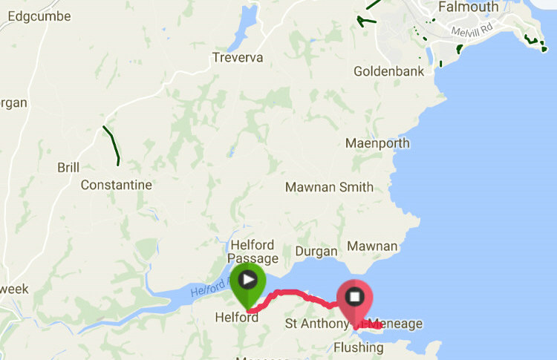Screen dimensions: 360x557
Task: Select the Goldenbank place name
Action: click(x=388, y=72)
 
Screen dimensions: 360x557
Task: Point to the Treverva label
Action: click(x=238, y=57)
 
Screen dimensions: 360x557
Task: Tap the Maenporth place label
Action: click(x=379, y=143)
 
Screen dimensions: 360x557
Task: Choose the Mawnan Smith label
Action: click(x=329, y=187)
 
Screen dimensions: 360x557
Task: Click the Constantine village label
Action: click(x=116, y=185)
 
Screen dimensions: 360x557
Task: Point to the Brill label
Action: click(x=68, y=168)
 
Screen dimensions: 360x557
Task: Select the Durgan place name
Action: click(x=316, y=251)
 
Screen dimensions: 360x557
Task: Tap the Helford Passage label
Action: click(x=253, y=252)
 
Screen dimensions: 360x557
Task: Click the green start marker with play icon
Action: click(x=247, y=281)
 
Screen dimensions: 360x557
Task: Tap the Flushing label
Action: click(x=359, y=347)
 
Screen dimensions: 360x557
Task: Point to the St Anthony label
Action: click(x=316, y=324)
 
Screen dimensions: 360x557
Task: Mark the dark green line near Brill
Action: click(x=112, y=145)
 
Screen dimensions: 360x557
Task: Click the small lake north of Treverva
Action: click(x=241, y=33)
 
